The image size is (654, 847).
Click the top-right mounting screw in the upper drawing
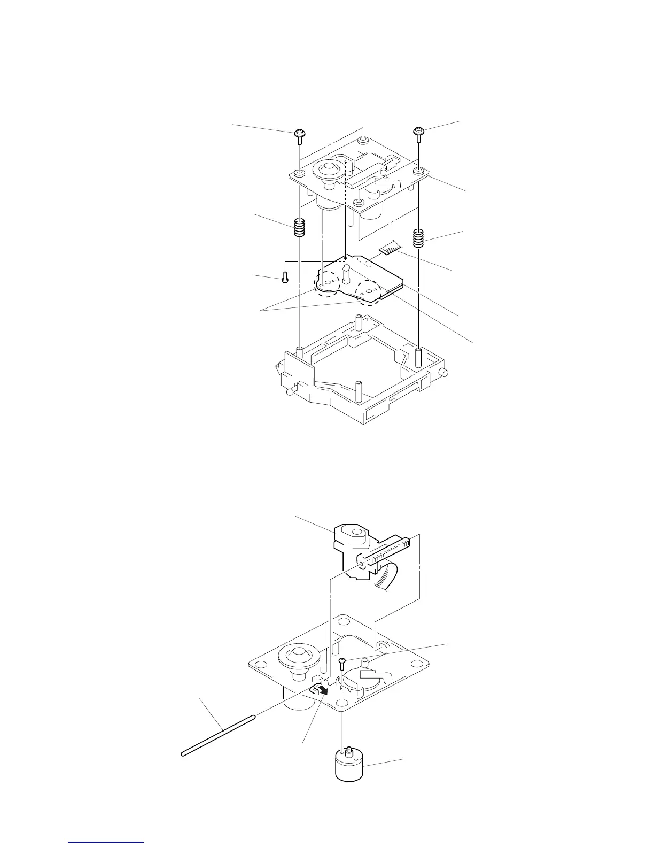click(419, 132)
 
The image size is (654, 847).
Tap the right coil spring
click(419, 237)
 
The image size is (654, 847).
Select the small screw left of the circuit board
click(285, 278)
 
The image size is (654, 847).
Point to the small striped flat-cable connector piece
click(388, 246)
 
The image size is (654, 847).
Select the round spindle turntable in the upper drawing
click(326, 172)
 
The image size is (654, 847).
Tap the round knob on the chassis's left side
click(291, 391)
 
